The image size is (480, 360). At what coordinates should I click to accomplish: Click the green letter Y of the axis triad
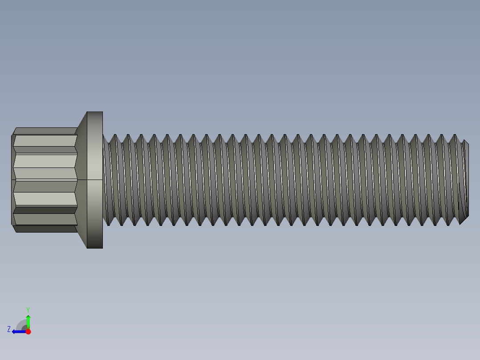(28, 309)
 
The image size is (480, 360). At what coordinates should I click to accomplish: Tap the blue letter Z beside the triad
(8, 329)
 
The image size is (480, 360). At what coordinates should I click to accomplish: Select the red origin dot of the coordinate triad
(28, 331)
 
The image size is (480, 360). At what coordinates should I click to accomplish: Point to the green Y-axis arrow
(28, 321)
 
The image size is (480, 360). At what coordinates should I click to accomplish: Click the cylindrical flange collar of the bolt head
(94, 180)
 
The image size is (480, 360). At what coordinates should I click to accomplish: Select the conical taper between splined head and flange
(81, 180)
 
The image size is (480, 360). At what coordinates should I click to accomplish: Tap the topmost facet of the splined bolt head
(45, 131)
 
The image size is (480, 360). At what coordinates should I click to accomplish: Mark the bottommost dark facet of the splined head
(45, 229)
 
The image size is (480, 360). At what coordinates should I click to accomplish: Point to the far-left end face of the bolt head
(12, 180)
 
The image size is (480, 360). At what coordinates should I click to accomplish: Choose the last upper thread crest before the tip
(455, 135)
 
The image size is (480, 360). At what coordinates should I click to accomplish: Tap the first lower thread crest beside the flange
(109, 224)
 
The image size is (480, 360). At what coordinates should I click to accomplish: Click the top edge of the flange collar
(94, 112)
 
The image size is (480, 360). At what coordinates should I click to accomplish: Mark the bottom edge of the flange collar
(94, 248)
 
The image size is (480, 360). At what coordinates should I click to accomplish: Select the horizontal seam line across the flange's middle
(94, 180)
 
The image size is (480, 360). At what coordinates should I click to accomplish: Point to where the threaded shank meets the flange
(103, 180)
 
